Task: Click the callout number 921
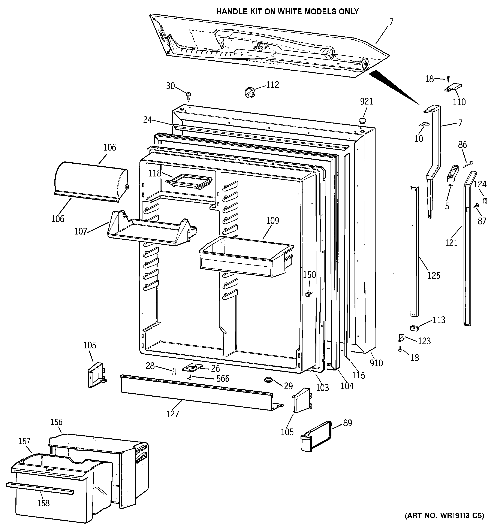[x=366, y=102]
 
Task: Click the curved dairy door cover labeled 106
[x=91, y=181]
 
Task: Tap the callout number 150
[x=309, y=275]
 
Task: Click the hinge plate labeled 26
[x=192, y=368]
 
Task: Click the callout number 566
[x=223, y=379]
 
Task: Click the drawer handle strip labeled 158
[x=40, y=488]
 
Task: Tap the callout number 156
[x=56, y=422]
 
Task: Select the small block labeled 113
[x=414, y=328]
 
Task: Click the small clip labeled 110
[x=453, y=88]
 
